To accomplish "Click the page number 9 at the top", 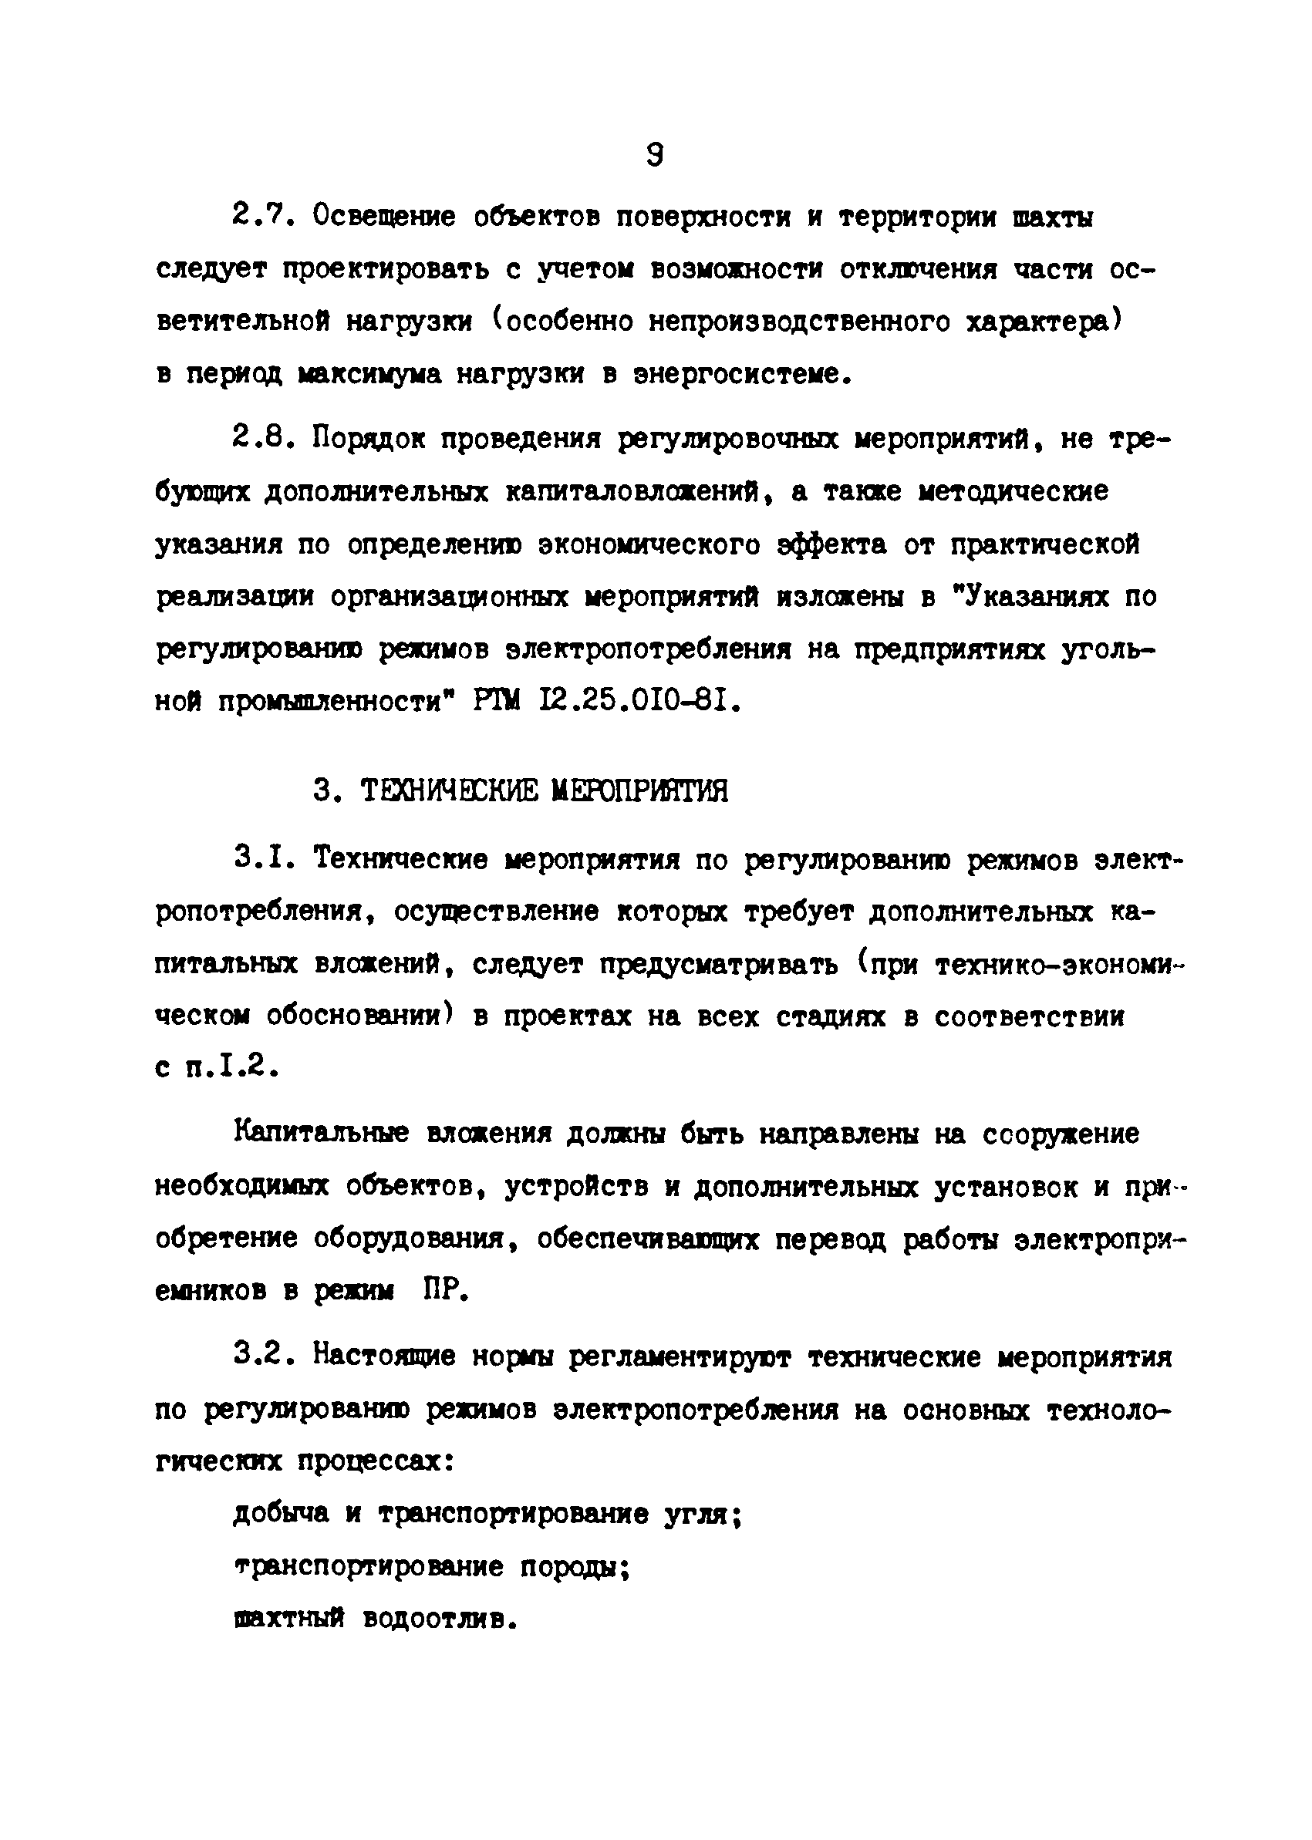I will [655, 153].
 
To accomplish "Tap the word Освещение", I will [385, 217].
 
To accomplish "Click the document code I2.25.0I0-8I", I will [638, 702].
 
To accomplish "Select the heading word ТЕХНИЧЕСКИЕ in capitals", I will [447, 790].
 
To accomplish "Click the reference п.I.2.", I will [232, 1069].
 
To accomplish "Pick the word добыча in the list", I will [280, 1513].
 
